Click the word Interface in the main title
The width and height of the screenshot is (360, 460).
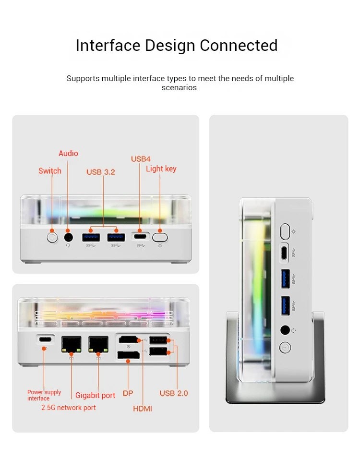click(108, 45)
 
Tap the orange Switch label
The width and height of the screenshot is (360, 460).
click(50, 171)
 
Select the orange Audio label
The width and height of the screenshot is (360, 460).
click(68, 153)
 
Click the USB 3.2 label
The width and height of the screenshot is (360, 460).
click(101, 172)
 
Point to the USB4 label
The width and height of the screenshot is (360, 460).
click(141, 159)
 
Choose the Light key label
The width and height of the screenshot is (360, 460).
click(161, 169)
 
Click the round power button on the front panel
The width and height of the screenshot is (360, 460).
click(52, 237)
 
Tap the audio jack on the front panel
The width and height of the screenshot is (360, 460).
click(68, 237)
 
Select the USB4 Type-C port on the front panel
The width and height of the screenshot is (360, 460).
click(140, 237)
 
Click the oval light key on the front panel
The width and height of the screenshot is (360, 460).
click(160, 237)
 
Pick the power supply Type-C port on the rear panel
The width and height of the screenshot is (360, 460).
click(45, 339)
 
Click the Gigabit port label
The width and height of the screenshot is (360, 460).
click(95, 396)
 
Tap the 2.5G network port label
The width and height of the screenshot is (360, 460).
click(69, 408)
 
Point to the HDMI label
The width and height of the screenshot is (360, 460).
click(143, 409)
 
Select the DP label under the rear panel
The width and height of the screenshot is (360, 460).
click(128, 393)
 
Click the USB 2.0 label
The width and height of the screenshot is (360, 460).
click(174, 393)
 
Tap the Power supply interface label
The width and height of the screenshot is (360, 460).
click(44, 395)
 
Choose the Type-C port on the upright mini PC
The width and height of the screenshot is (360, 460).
click(284, 251)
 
